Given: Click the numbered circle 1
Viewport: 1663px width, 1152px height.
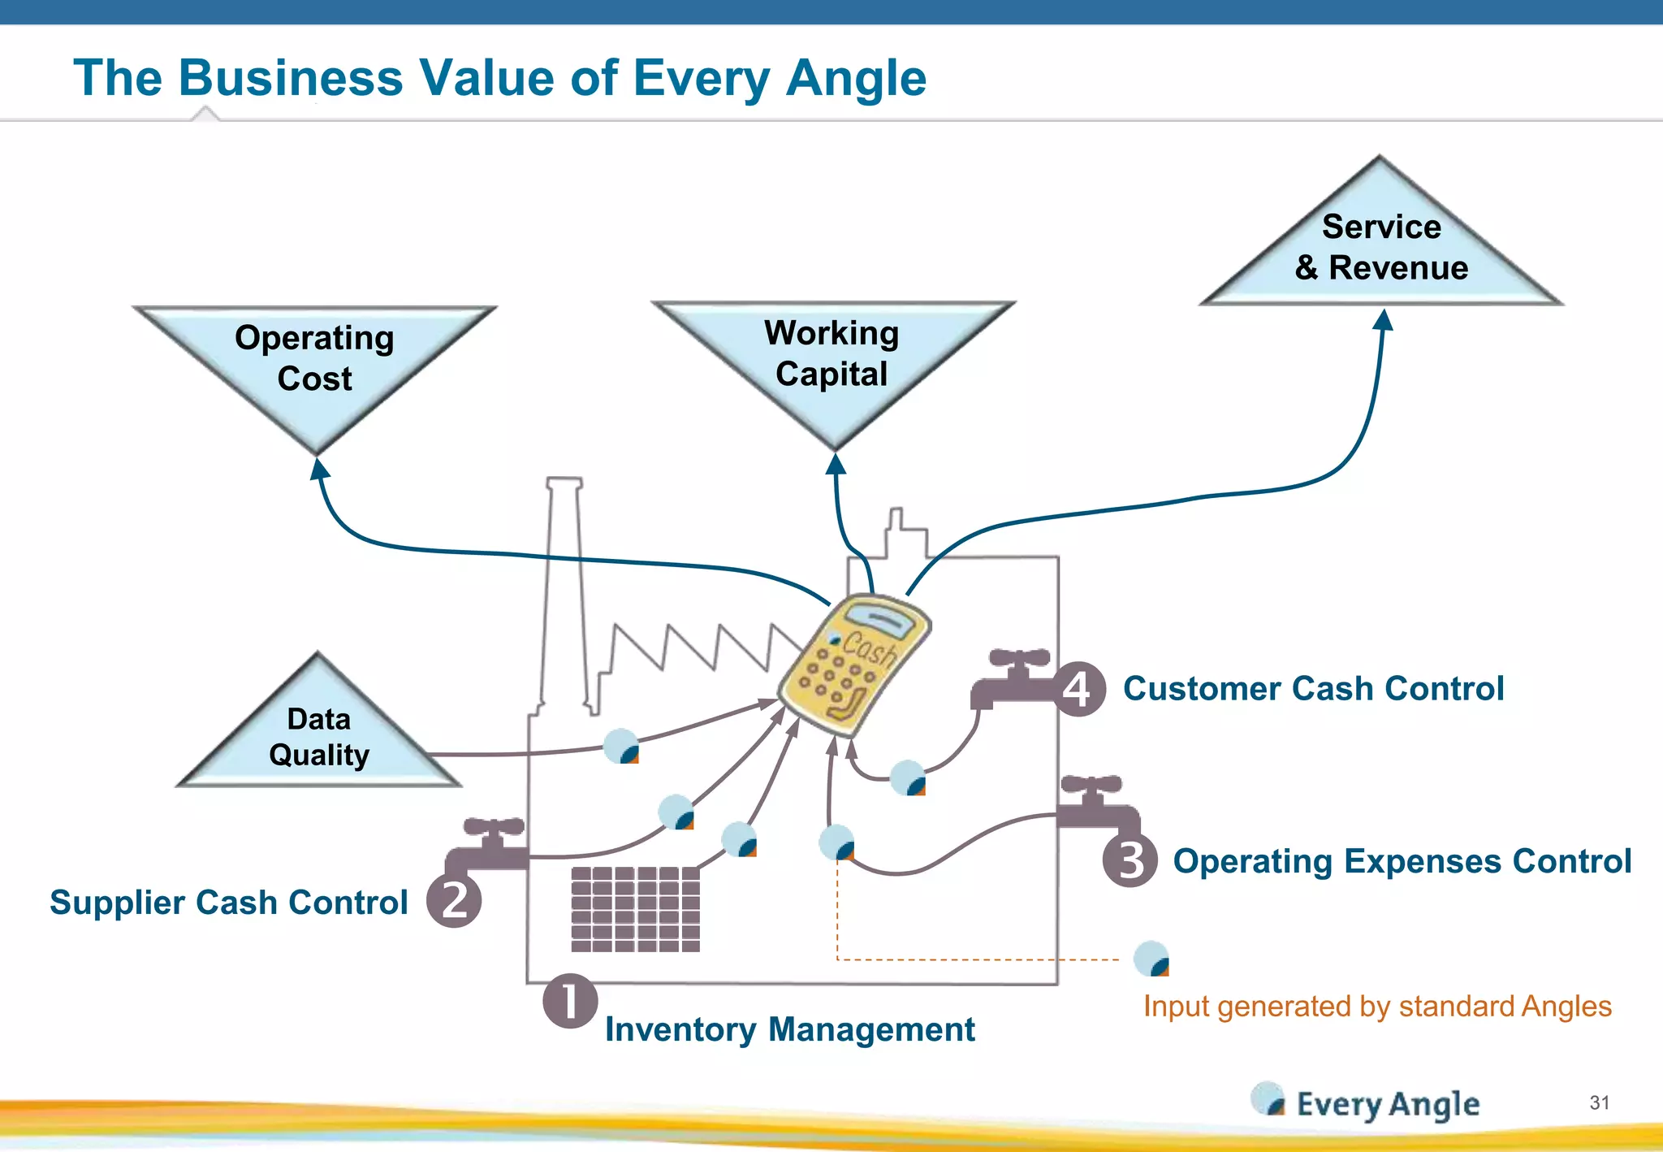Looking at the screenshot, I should (570, 1001).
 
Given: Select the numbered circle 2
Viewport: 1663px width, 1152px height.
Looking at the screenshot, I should (455, 900).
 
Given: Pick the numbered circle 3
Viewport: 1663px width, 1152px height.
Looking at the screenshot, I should (1130, 860).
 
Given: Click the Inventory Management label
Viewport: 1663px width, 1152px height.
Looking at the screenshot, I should (789, 1029).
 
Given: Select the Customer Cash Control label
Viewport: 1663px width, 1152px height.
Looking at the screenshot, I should (1313, 689).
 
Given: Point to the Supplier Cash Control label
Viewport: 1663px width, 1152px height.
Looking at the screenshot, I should (229, 903).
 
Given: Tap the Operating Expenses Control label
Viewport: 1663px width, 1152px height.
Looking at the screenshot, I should (1402, 861).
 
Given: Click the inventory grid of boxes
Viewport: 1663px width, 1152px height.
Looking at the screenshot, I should (635, 909).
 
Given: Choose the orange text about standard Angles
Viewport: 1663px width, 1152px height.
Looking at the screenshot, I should (1377, 1007).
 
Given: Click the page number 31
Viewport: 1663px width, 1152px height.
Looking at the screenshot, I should (1599, 1102).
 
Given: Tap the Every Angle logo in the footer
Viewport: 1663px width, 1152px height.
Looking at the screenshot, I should (1366, 1102).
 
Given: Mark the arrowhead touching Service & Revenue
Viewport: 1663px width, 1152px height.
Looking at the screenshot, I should (1384, 320).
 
